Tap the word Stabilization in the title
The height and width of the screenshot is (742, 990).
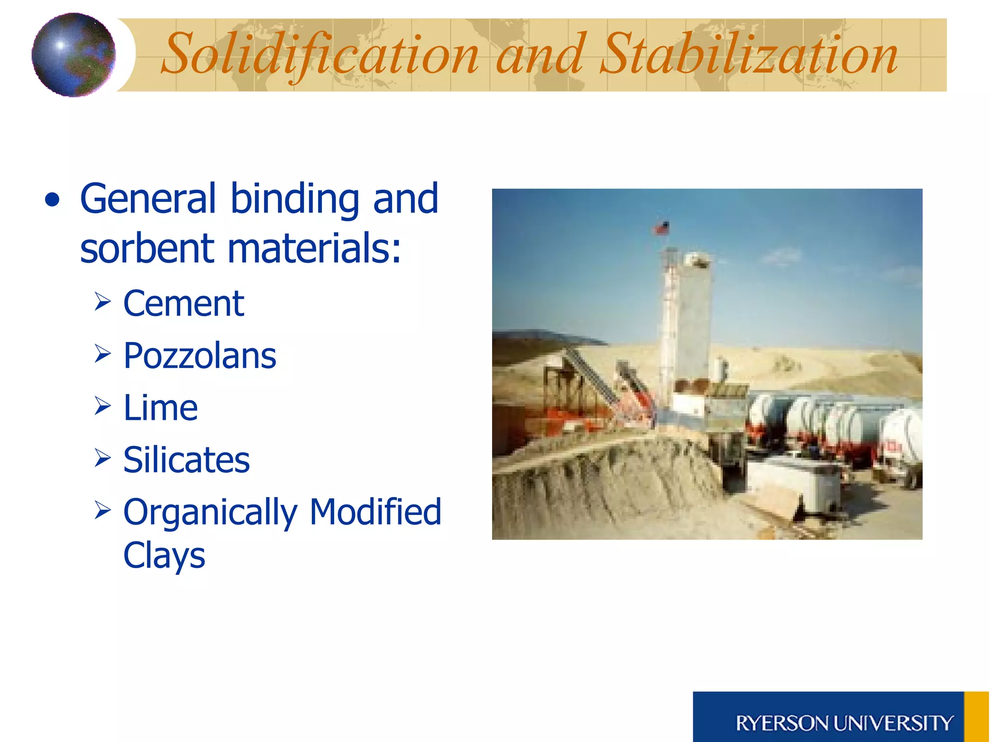748,54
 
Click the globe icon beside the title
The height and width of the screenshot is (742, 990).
73,55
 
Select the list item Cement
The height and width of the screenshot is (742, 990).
184,304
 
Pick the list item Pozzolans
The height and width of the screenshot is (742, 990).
200,356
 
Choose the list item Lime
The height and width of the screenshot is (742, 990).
160,408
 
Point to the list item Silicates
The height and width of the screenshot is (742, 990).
187,460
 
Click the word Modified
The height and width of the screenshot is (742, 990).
375,512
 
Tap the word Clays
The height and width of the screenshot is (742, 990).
164,556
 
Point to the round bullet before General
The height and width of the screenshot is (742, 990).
52,200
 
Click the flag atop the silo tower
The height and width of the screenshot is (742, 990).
662,228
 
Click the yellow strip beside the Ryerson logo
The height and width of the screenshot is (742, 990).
976,717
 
